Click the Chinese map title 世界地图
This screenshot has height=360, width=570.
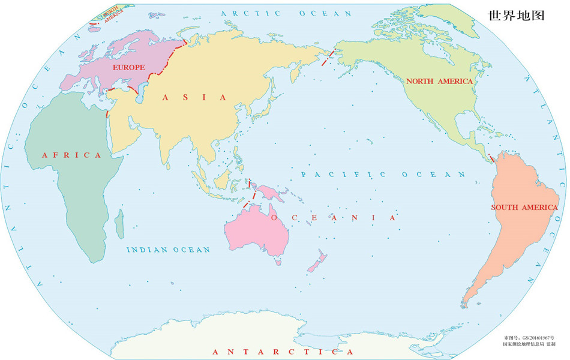tap(516, 16)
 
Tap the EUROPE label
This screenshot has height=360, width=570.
tap(128, 67)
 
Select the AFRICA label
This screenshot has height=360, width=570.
tap(72, 155)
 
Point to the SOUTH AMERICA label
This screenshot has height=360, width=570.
tap(524, 208)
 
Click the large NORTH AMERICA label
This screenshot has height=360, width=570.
tap(439, 81)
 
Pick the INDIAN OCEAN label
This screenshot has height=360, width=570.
tap(169, 250)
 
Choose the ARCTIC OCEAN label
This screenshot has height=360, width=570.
tap(286, 13)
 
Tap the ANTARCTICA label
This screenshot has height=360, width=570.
tap(283, 352)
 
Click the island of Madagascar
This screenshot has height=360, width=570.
tap(119, 220)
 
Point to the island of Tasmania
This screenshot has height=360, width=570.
tap(278, 261)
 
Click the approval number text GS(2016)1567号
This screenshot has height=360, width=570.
tap(530, 338)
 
